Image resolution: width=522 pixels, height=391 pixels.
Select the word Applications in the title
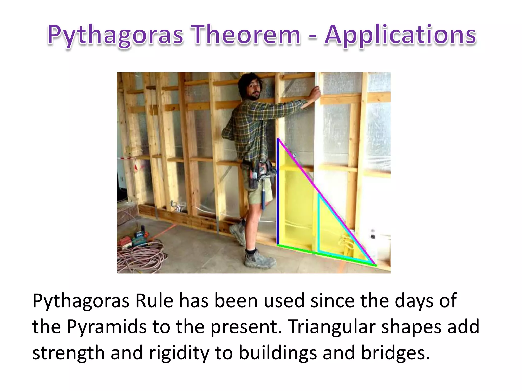(x=400, y=35)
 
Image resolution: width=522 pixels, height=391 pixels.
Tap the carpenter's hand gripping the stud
(x=315, y=94)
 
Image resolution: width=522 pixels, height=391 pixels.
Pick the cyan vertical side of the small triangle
(x=318, y=224)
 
